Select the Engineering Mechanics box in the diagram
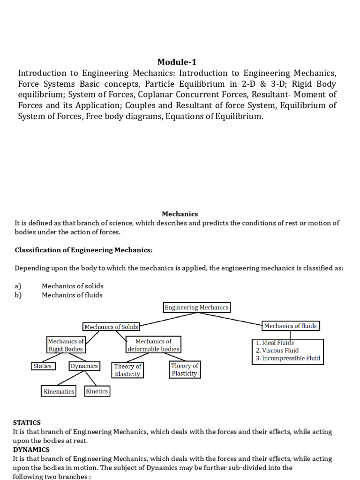pyautogui.click(x=197, y=307)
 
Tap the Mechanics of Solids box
pyautogui.click(x=111, y=326)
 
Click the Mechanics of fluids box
pyautogui.click(x=290, y=326)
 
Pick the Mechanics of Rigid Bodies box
pyautogui.click(x=66, y=345)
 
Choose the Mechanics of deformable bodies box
pyautogui.click(x=153, y=345)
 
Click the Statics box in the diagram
pyautogui.click(x=43, y=366)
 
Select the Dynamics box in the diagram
pyautogui.click(x=84, y=366)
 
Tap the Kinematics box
pyautogui.click(x=59, y=391)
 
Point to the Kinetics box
pyautogui.click(x=97, y=391)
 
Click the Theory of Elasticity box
pyautogui.click(x=127, y=370)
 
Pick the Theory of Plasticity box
pyautogui.click(x=185, y=369)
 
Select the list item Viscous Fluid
pyautogui.click(x=277, y=351)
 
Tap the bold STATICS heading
pyautogui.click(x=27, y=423)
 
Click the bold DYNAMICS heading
pyautogui.click(x=31, y=450)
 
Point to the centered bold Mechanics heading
pyautogui.click(x=180, y=214)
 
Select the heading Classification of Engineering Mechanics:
pyautogui.click(x=84, y=250)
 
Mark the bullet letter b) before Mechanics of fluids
pyautogui.click(x=18, y=295)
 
